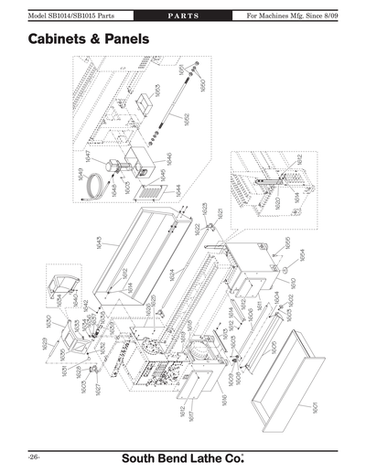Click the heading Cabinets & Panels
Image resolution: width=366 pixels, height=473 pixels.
coord(89,41)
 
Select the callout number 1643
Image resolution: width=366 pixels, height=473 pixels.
coord(98,243)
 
